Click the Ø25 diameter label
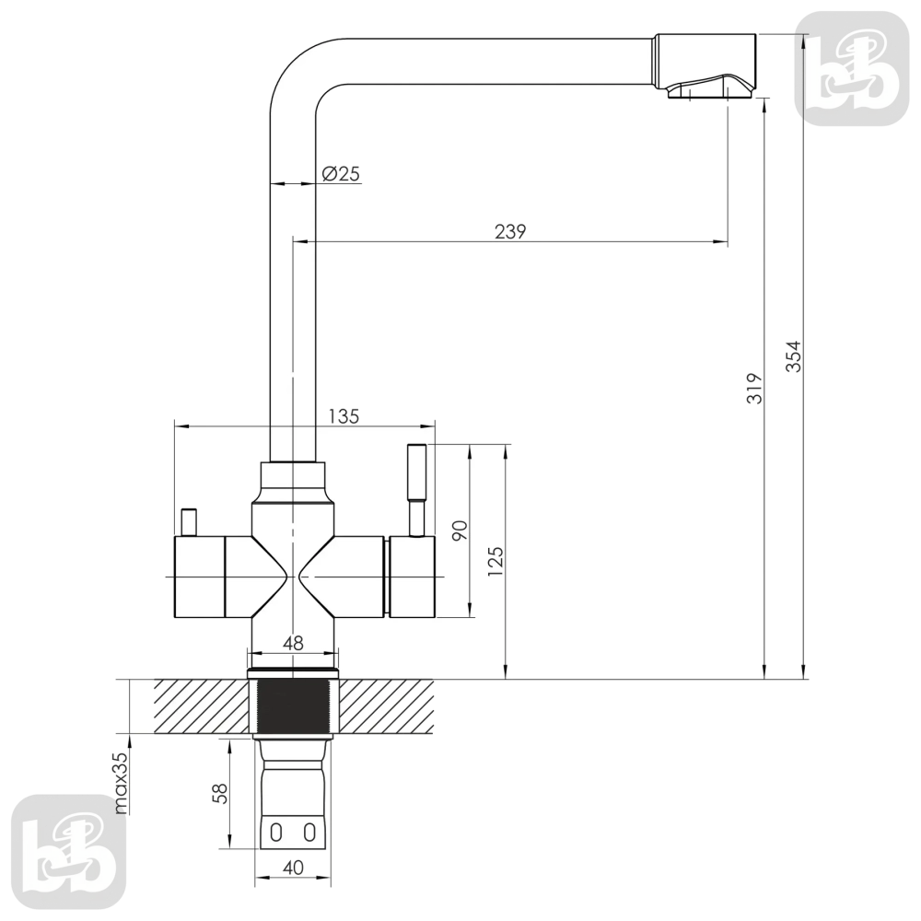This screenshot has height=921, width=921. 342,174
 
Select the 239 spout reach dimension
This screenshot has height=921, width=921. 510,232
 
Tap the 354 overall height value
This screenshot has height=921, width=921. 794,356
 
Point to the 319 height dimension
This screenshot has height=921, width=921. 754,388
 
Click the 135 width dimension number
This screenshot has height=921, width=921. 344,416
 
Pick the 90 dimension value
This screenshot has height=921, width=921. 460,530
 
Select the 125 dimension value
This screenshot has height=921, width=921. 495,561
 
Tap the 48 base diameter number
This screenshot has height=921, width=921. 293,644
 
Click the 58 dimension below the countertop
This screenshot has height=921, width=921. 220,794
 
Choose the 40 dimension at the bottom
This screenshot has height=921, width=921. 293,868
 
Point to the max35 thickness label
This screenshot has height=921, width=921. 120,783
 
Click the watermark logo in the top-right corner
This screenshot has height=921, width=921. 852,69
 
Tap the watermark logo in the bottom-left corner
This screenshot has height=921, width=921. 69,852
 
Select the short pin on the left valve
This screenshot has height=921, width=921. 189,522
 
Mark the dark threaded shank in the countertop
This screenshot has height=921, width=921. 292,706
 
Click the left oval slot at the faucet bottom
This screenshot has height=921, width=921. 276,833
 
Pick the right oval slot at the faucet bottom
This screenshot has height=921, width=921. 309,833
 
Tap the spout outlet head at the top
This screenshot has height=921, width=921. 705,65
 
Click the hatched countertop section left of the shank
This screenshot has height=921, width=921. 201,706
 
